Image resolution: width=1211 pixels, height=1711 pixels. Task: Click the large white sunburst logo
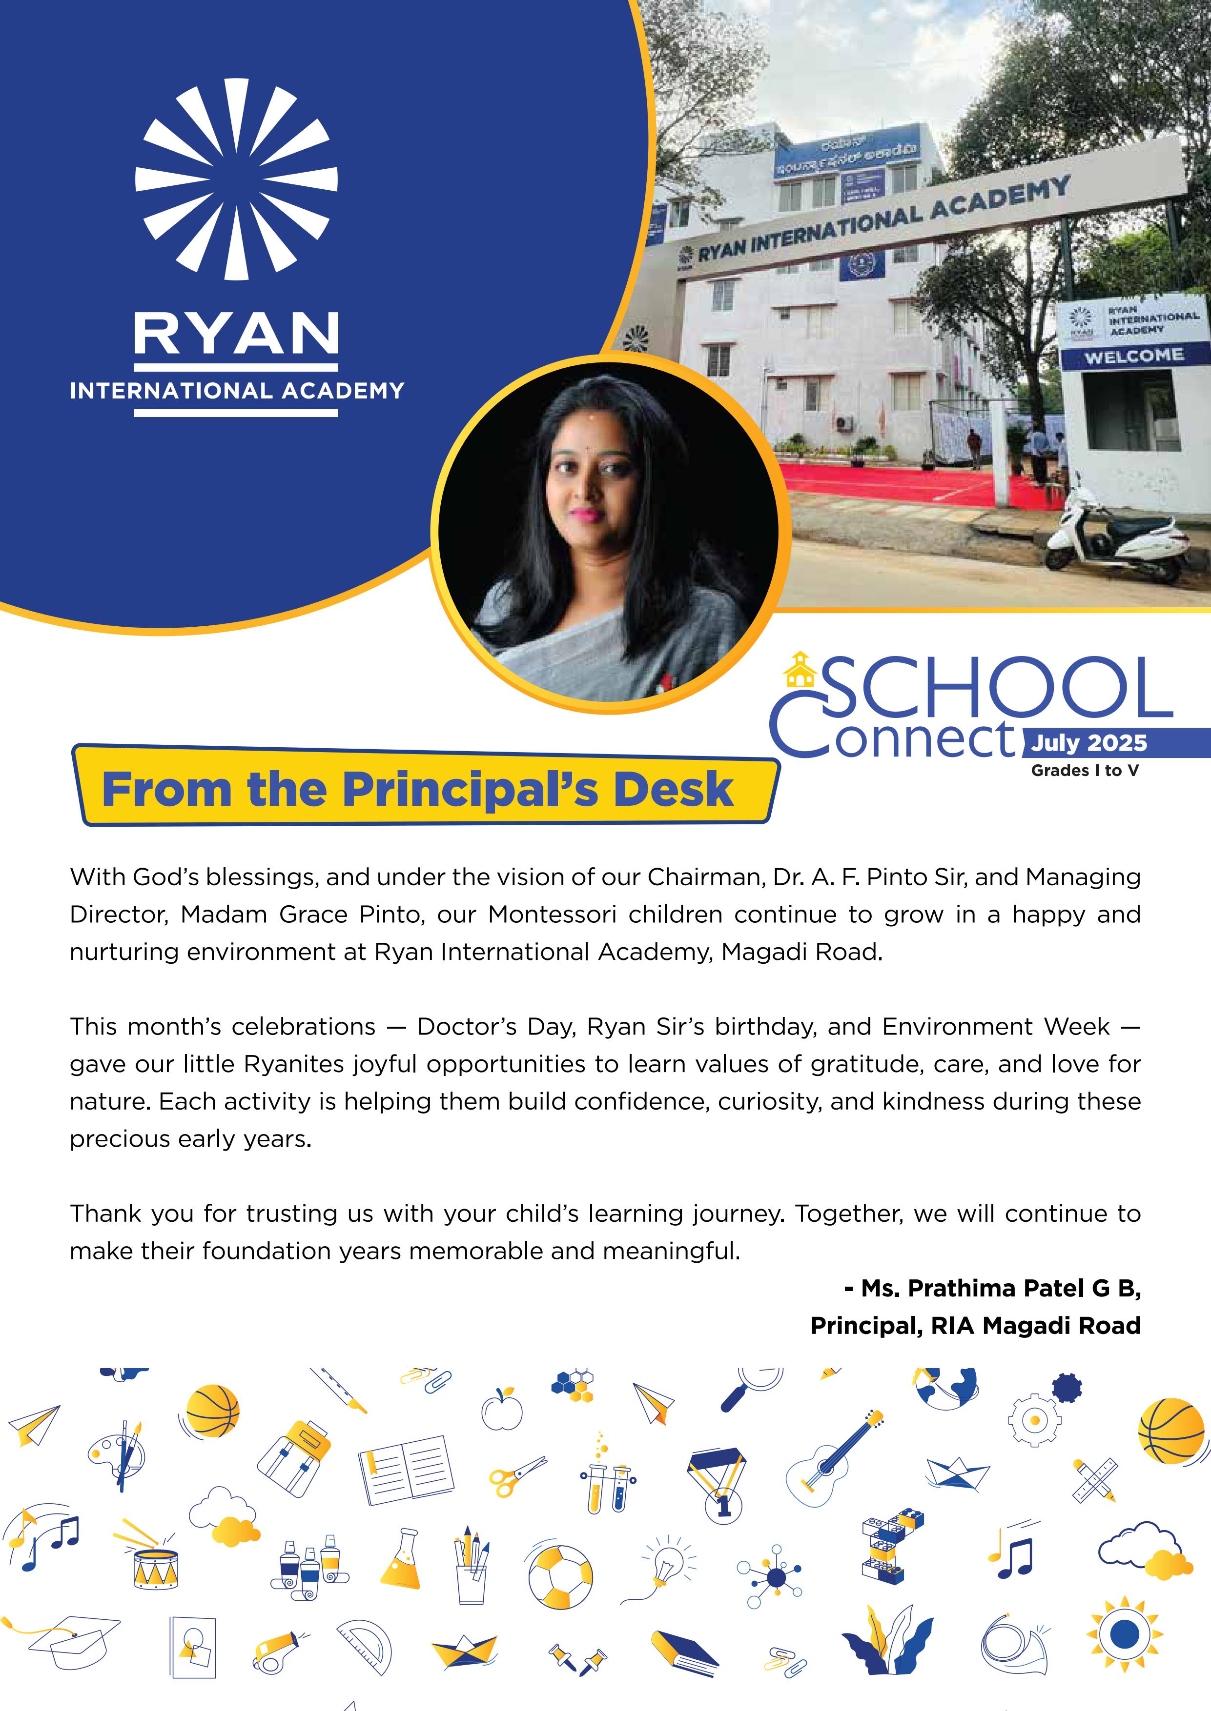pyautogui.click(x=236, y=179)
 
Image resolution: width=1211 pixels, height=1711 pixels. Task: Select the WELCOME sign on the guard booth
pyautogui.click(x=1133, y=356)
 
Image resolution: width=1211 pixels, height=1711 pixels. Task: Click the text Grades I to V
pyautogui.click(x=1085, y=771)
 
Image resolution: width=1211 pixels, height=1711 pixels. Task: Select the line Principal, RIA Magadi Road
pyautogui.click(x=975, y=1326)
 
